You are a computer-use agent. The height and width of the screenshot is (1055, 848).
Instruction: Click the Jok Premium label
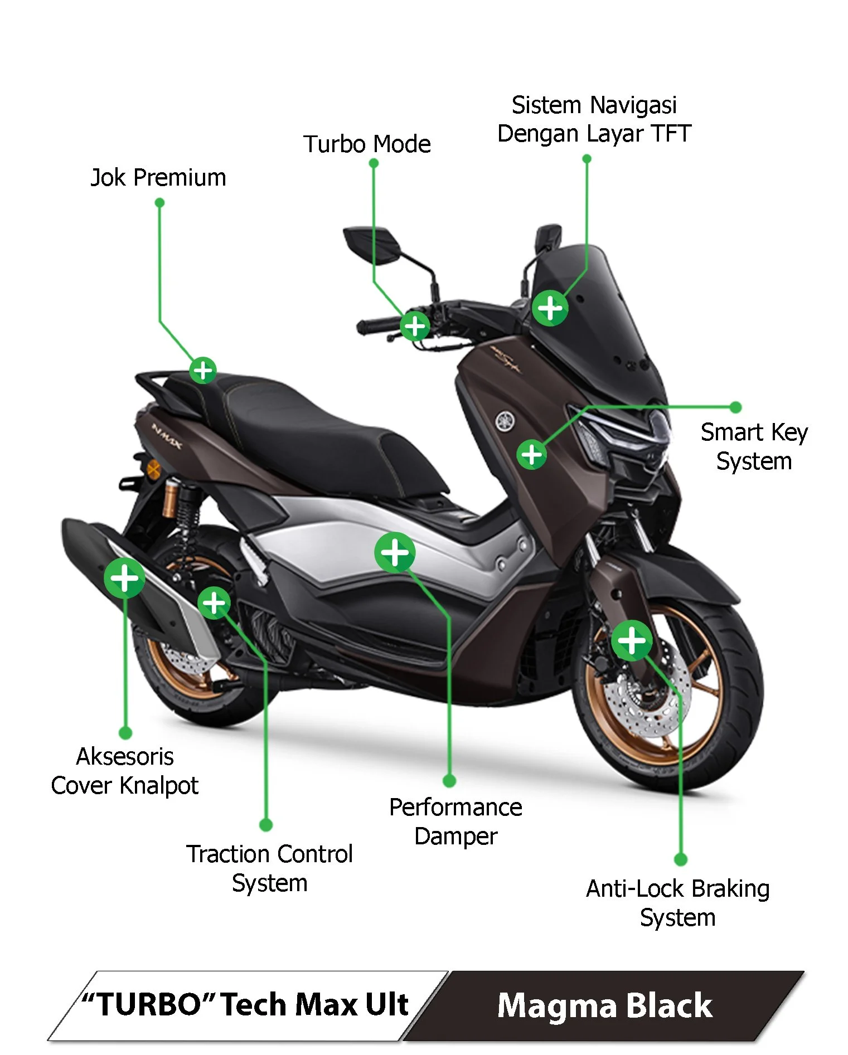point(158,178)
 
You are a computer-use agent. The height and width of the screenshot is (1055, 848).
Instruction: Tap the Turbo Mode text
point(367,144)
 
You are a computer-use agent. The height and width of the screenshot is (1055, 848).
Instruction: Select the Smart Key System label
point(754,446)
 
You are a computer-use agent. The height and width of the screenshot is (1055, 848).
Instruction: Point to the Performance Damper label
point(456,821)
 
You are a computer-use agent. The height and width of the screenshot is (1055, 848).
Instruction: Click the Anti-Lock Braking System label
point(677,903)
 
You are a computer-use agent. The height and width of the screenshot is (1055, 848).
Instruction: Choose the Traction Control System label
point(269,868)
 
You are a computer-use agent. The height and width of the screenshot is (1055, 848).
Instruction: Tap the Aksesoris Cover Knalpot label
point(125,771)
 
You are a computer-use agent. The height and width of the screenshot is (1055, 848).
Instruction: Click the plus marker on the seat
point(203,371)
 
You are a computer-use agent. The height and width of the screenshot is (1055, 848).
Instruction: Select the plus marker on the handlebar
point(415,326)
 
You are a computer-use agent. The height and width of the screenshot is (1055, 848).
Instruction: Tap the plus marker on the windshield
point(550,308)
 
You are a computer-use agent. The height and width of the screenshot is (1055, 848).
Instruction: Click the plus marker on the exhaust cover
point(124,578)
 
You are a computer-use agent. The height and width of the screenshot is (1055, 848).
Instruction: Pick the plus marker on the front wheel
point(632,640)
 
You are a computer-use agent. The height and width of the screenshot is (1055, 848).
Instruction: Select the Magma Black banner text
point(604,1006)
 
